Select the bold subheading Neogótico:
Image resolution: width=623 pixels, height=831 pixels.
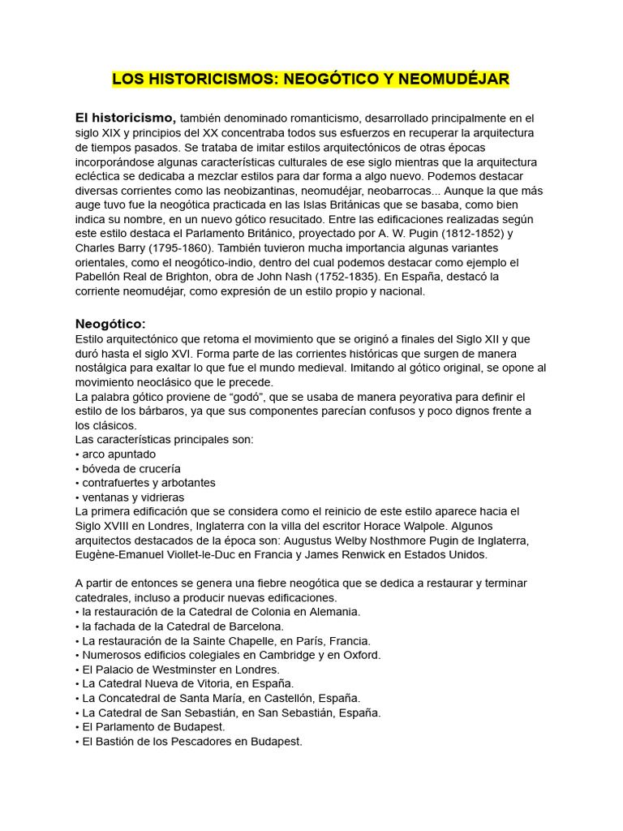(x=110, y=324)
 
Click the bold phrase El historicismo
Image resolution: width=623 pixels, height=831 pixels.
(x=125, y=118)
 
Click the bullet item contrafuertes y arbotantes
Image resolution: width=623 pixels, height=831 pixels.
(x=147, y=482)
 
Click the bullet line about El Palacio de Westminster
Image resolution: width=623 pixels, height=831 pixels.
(x=177, y=669)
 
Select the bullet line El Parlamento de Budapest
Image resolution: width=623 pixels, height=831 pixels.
(x=150, y=726)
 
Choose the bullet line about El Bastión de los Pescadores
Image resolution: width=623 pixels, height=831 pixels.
(x=188, y=741)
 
